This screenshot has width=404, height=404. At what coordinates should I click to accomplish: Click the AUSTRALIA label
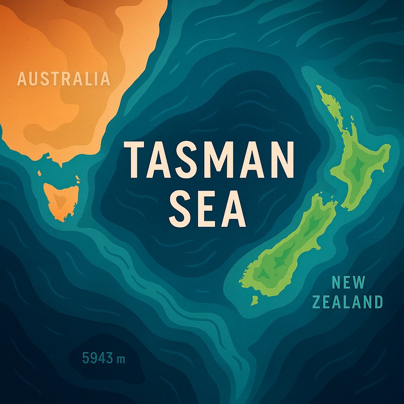coord(63,79)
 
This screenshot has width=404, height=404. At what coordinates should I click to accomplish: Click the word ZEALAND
coord(347,302)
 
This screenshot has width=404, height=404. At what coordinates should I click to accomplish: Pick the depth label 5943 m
coord(103,359)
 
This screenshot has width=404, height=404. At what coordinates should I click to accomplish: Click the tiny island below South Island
coord(254,301)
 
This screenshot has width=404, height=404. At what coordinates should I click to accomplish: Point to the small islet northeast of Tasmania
coord(77,179)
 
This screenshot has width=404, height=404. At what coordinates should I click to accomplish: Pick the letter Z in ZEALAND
coord(317,302)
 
